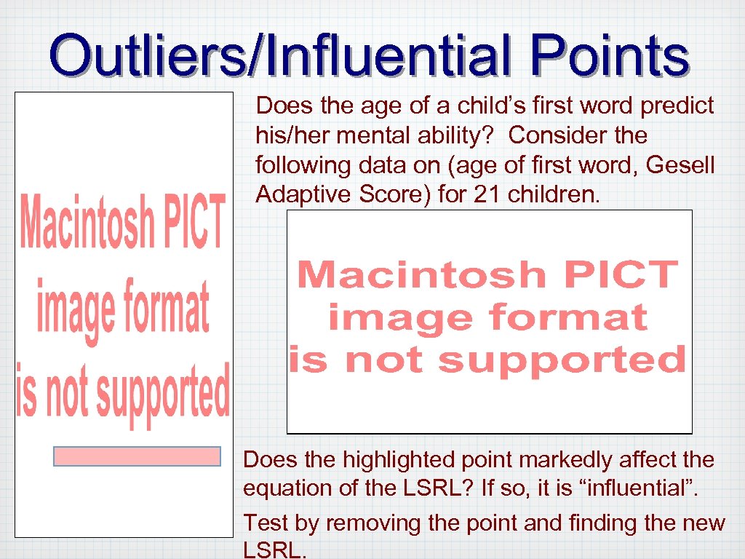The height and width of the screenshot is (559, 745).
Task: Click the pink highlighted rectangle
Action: coord(137,456)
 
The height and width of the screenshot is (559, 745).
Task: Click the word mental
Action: coord(383,135)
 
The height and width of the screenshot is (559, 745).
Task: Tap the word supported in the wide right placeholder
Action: coord(562,360)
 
